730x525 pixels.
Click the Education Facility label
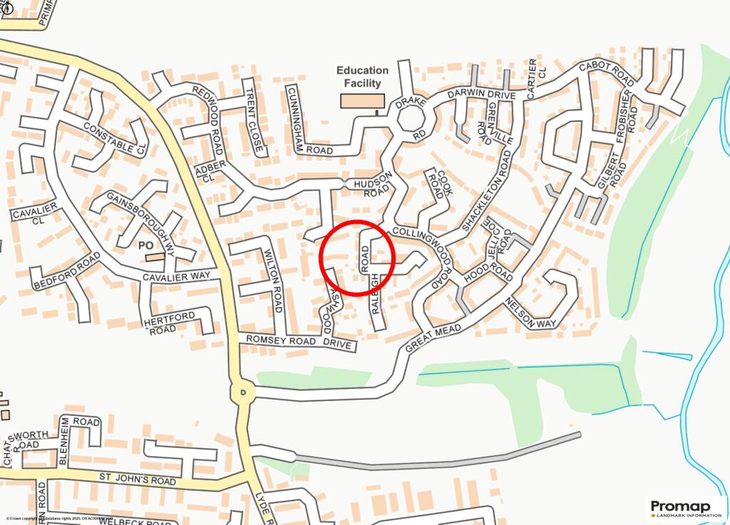point(362,76)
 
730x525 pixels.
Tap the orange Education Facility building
point(362,100)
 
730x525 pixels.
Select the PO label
point(147,244)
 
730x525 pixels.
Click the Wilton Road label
point(274,281)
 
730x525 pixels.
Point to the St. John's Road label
point(137,479)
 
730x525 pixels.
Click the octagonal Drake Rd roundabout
point(412,121)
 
